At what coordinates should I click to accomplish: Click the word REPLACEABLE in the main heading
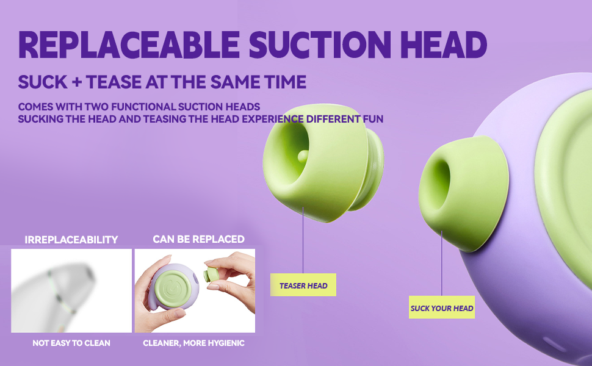coord(129,45)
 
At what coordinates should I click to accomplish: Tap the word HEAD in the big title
coord(444,45)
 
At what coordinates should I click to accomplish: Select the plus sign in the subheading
coord(77,82)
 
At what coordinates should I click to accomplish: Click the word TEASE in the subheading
coord(114,82)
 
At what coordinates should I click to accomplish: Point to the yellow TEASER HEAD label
coord(303,285)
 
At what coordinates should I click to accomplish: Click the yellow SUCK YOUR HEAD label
coord(442,307)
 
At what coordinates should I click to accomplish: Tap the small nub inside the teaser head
coord(303,156)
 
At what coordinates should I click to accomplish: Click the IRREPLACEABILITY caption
coord(71,240)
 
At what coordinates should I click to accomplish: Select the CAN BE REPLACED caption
coord(198,239)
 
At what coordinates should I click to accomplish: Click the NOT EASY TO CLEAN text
coord(71,343)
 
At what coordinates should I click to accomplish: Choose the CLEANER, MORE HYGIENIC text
coord(193,343)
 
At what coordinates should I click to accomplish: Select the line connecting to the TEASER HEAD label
coord(303,240)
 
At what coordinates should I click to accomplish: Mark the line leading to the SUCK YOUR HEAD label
coord(441,264)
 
